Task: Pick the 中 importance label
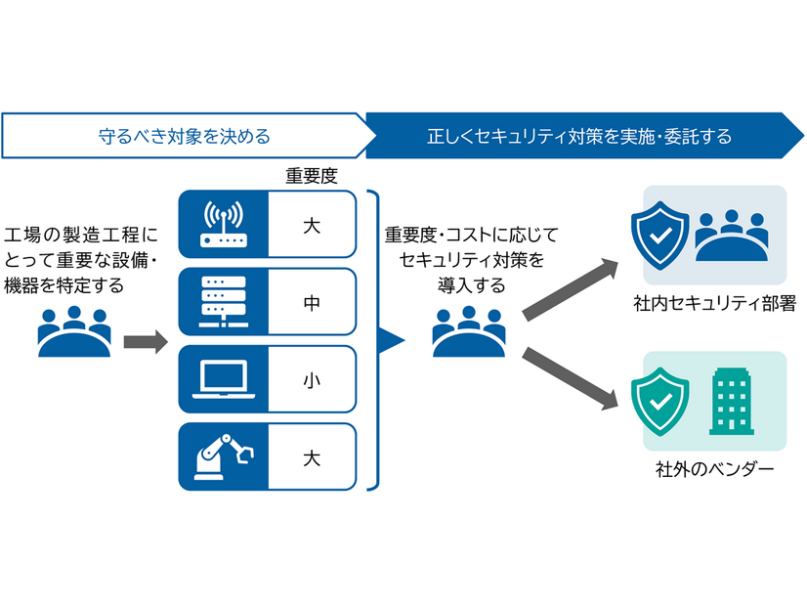point(311,303)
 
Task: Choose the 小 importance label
point(311,379)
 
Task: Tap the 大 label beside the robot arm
point(311,455)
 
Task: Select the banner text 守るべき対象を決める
point(185,136)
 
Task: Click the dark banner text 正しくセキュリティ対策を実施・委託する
point(579,136)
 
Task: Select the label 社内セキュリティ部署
point(713,305)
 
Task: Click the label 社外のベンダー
point(714,470)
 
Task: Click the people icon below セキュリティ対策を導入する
point(470,331)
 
